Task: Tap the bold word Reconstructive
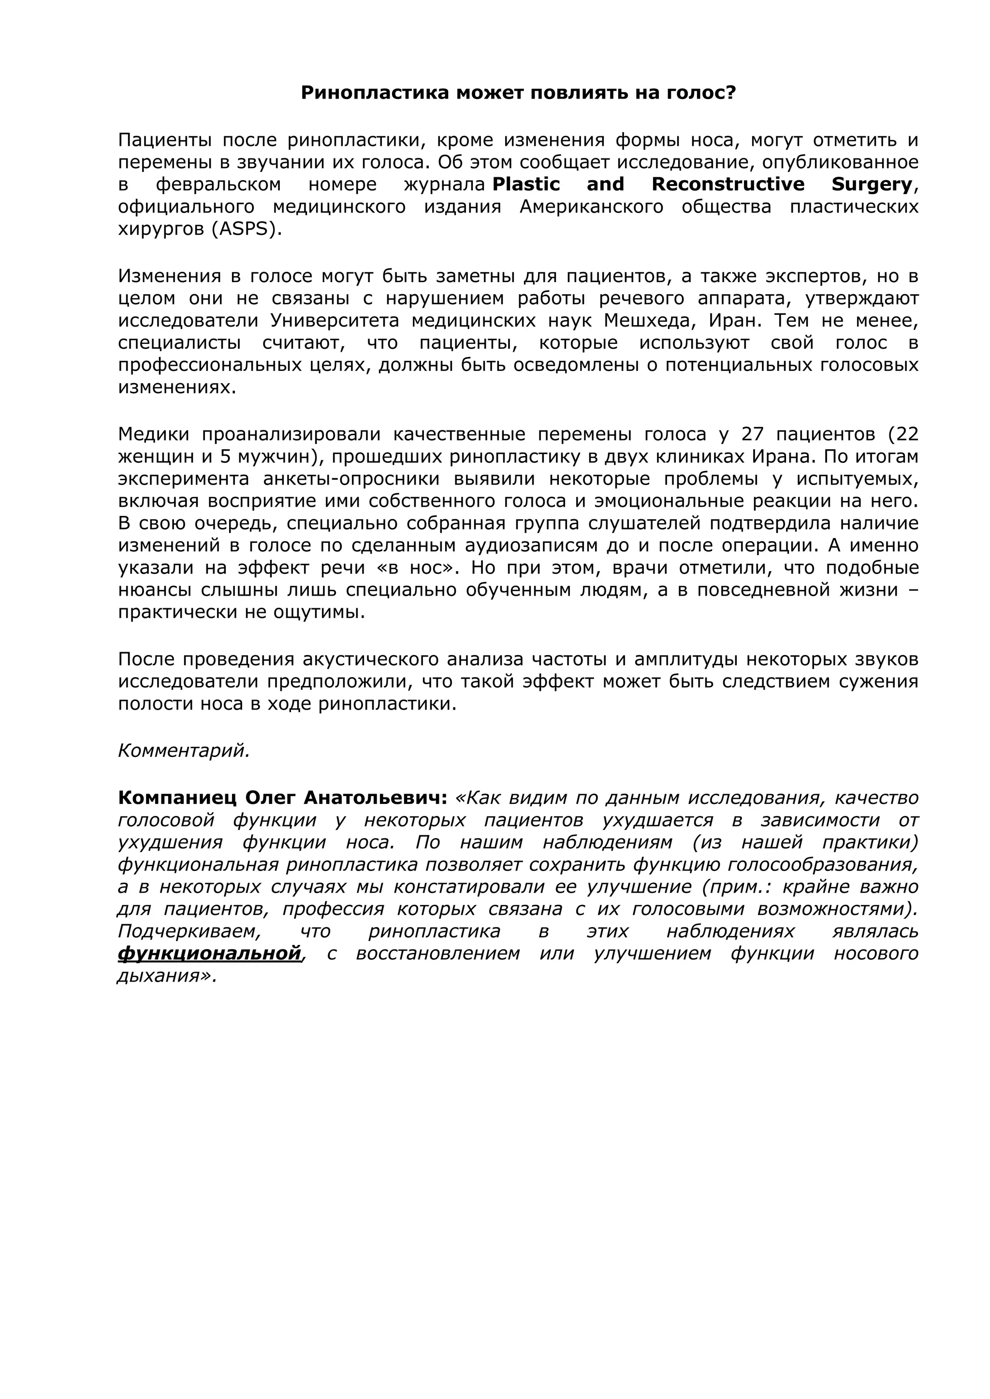click(x=728, y=184)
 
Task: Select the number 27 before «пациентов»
click(x=754, y=434)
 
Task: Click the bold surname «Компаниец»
click(x=177, y=798)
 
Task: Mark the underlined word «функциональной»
click(x=210, y=954)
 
